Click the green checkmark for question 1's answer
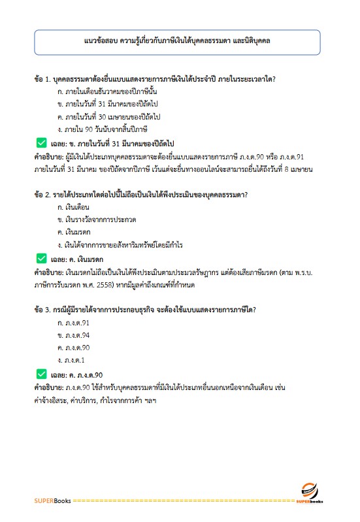coord(41,142)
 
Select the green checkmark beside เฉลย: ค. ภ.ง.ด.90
coord(41,374)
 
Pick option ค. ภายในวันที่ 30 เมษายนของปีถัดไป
coord(109,116)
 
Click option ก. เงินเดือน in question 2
coord(73,208)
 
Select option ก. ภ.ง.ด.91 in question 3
coord(74,324)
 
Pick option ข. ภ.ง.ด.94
coord(74,336)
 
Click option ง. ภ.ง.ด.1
coord(72,360)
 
